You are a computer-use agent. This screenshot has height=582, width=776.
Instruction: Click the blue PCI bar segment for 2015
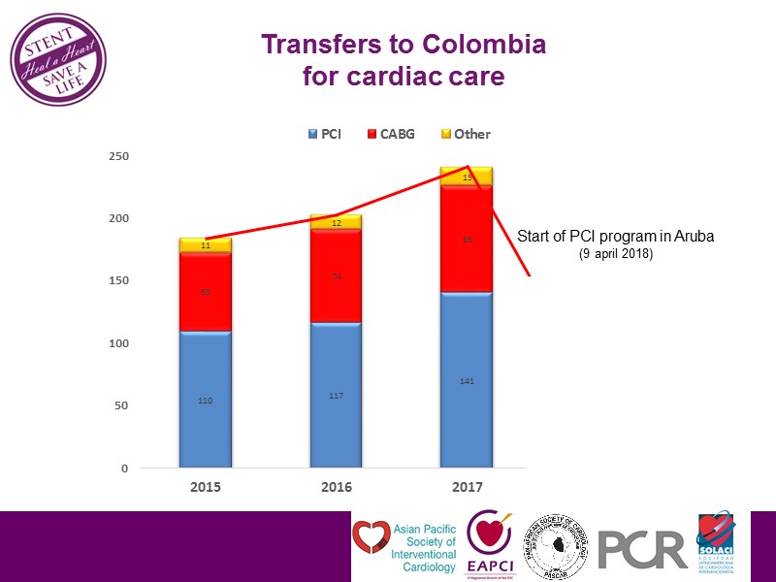tap(206, 399)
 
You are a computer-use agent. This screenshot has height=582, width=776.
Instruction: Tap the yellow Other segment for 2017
tap(467, 177)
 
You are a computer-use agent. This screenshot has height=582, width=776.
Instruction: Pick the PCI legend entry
tap(324, 134)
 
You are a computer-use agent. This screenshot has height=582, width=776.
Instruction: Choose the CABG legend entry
tap(390, 134)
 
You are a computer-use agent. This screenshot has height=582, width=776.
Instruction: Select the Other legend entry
tap(466, 134)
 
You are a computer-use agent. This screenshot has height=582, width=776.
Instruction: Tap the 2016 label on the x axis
tap(337, 485)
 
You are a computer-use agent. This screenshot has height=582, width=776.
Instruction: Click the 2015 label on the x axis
tap(206, 485)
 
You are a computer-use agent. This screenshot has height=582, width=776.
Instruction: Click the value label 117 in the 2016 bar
tap(337, 395)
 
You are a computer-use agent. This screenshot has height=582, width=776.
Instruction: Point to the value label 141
tap(467, 381)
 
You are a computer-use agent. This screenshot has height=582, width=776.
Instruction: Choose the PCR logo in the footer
tap(641, 548)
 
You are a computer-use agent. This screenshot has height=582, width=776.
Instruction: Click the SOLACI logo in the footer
tap(721, 543)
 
